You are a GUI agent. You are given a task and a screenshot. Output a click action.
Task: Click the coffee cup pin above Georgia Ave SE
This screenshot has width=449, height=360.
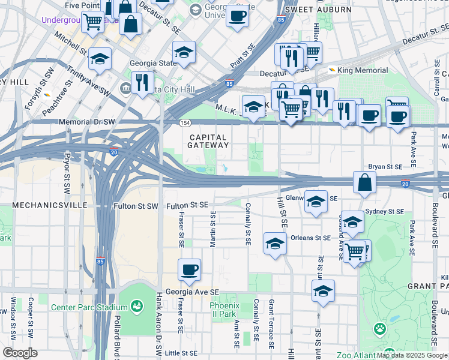pos(190,269)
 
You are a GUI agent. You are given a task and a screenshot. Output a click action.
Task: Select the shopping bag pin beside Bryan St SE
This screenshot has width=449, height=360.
pos(364,182)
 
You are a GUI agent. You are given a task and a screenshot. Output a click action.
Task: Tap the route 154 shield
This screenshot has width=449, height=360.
pos(185,122)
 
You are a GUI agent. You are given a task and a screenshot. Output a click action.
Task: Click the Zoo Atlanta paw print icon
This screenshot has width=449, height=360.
pos(379,328)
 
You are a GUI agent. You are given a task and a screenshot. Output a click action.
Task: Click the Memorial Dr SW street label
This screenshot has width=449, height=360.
pos(87,122)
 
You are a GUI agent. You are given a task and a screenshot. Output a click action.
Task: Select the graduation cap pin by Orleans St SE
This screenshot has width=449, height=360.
pos(275,244)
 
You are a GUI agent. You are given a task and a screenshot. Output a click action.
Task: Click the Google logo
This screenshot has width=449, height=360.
pos(20,353)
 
